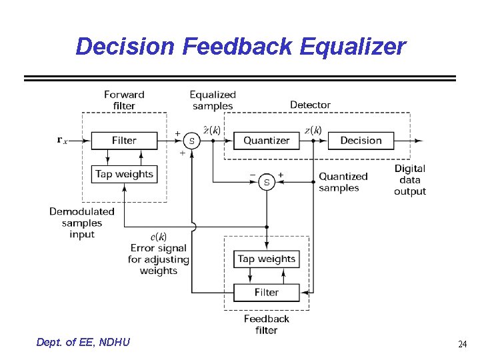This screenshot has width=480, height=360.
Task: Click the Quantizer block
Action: (x=266, y=141)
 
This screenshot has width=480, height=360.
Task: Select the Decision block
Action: (x=361, y=141)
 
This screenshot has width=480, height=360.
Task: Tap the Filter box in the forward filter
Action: (x=124, y=141)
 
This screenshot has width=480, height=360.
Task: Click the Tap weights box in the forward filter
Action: (x=124, y=174)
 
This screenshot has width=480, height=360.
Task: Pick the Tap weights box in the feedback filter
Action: (x=266, y=259)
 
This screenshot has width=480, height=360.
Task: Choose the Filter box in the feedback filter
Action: (x=266, y=292)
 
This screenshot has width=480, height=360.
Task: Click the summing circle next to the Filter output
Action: (x=192, y=141)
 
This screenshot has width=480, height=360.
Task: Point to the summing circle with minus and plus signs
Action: (x=267, y=181)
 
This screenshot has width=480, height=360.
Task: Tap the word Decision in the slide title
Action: (x=125, y=47)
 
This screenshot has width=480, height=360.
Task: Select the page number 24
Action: (x=462, y=344)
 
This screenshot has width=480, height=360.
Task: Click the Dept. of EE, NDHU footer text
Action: (x=83, y=343)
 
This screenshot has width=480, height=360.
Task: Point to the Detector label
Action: (x=310, y=105)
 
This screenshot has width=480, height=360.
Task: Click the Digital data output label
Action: (x=409, y=180)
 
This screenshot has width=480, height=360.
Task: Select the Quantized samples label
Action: (x=343, y=182)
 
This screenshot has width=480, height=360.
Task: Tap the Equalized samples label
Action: (x=212, y=100)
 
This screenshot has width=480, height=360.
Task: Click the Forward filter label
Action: (x=124, y=100)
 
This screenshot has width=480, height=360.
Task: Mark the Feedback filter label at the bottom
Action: (x=266, y=324)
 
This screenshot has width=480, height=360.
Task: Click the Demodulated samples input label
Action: (x=81, y=223)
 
